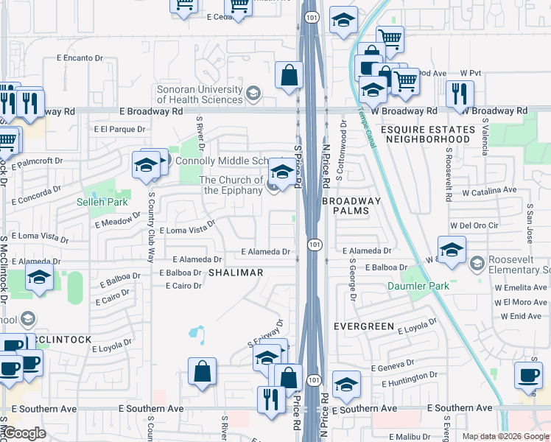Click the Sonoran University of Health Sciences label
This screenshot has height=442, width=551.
coord(199,94)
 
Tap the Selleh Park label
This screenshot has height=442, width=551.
coord(102,202)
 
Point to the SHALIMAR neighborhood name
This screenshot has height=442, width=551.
coord(235,273)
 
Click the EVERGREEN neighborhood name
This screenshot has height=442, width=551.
coord(361,325)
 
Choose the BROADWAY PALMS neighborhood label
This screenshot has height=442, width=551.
coord(352,206)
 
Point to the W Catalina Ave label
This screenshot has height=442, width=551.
coord(489,191)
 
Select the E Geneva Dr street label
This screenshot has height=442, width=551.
coord(397,367)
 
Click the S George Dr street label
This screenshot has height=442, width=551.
coord(353,279)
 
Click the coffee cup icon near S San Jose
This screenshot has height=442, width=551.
coord(527,373)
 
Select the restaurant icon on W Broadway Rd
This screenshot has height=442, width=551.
coord(459,94)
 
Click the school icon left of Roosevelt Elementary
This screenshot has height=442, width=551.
coord(452,248)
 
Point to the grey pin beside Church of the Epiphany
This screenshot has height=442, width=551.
coord(273,186)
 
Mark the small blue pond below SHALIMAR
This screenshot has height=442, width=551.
coord(196,334)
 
